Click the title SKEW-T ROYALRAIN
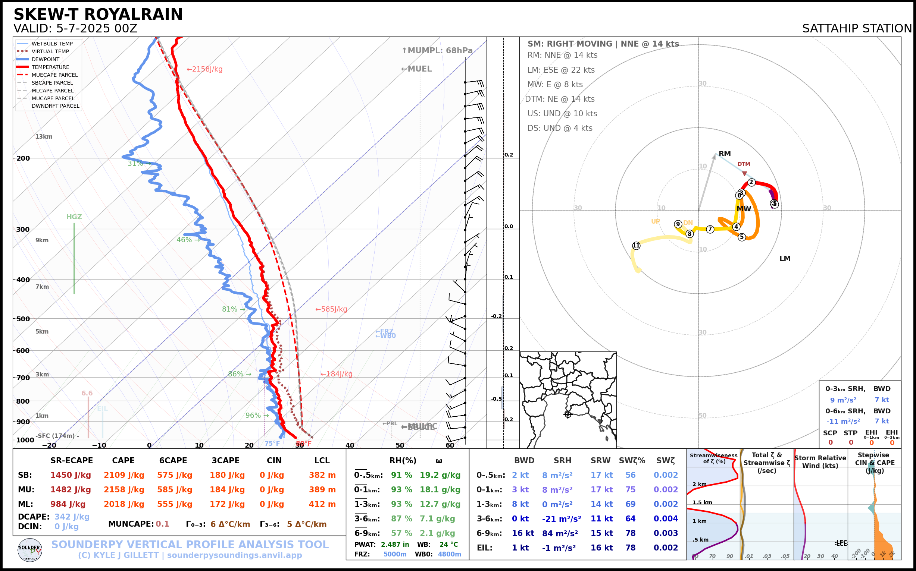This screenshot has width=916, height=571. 98,15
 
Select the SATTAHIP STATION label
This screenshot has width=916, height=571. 857,29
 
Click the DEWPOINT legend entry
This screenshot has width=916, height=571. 46,59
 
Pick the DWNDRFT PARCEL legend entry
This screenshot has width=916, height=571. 55,106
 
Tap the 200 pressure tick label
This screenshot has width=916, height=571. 23,158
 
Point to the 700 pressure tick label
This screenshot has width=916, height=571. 23,378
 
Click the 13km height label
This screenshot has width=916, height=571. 44,137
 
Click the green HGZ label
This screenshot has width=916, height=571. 74,217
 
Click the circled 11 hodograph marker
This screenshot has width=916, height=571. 636,246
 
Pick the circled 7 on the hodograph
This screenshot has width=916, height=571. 710,229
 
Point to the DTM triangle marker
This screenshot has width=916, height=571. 744,174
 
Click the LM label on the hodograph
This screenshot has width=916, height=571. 785,259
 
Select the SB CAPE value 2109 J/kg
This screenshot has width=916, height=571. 124,475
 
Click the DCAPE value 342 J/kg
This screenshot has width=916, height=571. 72,517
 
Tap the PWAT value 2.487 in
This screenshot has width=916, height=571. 395,545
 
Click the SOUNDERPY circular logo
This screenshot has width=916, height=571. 30,550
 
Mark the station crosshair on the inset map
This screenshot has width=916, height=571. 568,414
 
